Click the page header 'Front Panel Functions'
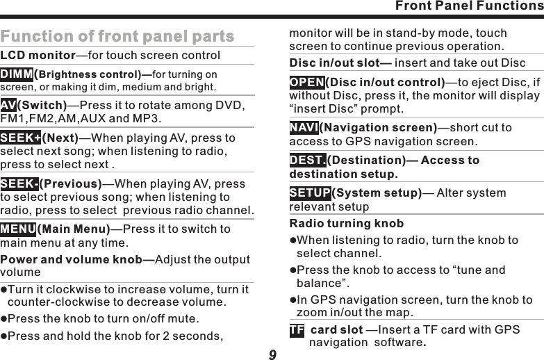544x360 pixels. pyautogui.click(x=469, y=6)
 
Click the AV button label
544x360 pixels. pyautogui.click(x=8, y=105)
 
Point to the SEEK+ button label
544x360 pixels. pyautogui.click(x=21, y=138)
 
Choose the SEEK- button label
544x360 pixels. pyautogui.click(x=19, y=184)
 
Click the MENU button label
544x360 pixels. pyautogui.click(x=19, y=229)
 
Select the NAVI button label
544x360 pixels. pyautogui.click(x=304, y=128)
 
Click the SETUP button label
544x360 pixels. pyautogui.click(x=310, y=193)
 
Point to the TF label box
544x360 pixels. pyautogui.click(x=297, y=329)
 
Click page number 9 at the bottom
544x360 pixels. pyautogui.click(x=272, y=355)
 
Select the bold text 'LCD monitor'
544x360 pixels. pyautogui.click(x=38, y=56)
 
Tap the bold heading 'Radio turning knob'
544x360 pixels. pyautogui.click(x=346, y=224)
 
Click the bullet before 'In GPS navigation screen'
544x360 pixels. pyautogui.click(x=292, y=300)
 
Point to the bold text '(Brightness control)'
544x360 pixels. pyautogui.click(x=92, y=75)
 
